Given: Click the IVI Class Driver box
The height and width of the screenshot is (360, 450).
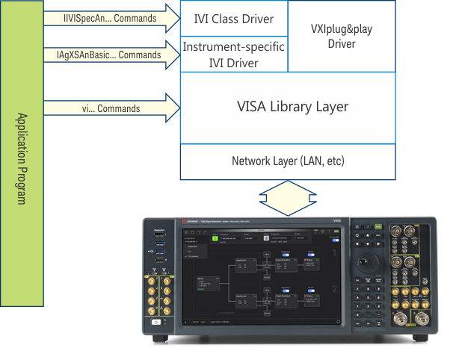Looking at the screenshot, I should click(x=234, y=19).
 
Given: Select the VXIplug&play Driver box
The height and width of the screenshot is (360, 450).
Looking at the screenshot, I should click(x=342, y=37).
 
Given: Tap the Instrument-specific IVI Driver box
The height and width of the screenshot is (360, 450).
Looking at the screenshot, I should click(x=234, y=55).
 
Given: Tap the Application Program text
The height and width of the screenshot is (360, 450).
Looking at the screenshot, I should click(x=22, y=159).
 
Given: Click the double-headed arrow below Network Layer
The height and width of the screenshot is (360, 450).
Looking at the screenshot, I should click(x=288, y=198).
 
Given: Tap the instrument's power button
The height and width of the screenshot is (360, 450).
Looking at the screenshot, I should click(x=156, y=322).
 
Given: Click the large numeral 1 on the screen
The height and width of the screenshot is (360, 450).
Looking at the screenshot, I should click(x=335, y=255).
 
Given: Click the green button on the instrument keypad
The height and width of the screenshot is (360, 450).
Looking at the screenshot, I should click(x=378, y=230).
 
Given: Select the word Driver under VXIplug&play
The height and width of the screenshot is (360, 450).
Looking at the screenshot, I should click(x=342, y=44).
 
